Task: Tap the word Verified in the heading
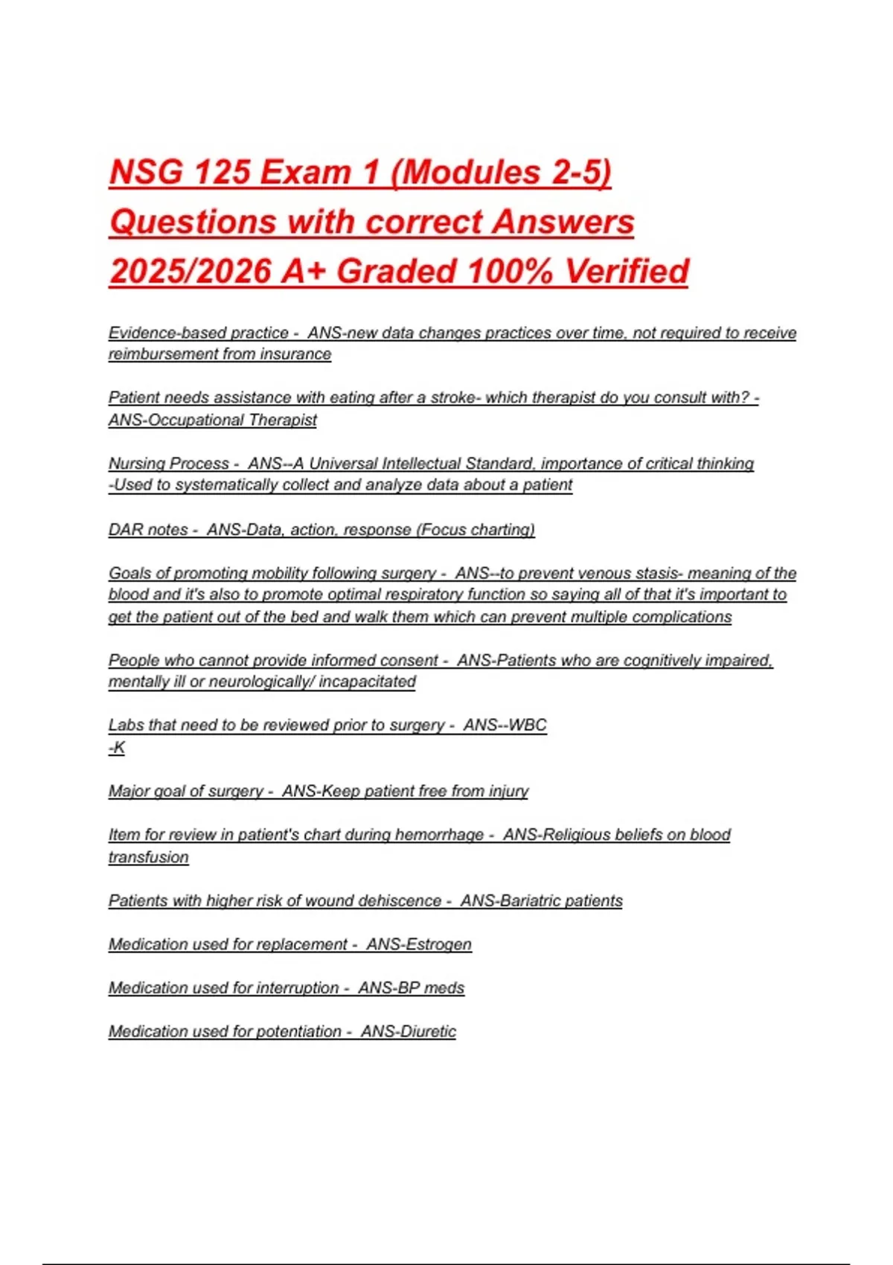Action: click(x=626, y=272)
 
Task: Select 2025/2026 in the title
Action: click(x=191, y=272)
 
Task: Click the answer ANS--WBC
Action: click(x=505, y=726)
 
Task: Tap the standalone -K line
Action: click(x=117, y=748)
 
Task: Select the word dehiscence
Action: click(x=400, y=901)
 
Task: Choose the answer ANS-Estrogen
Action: click(x=418, y=945)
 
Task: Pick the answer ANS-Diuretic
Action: click(x=408, y=1032)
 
